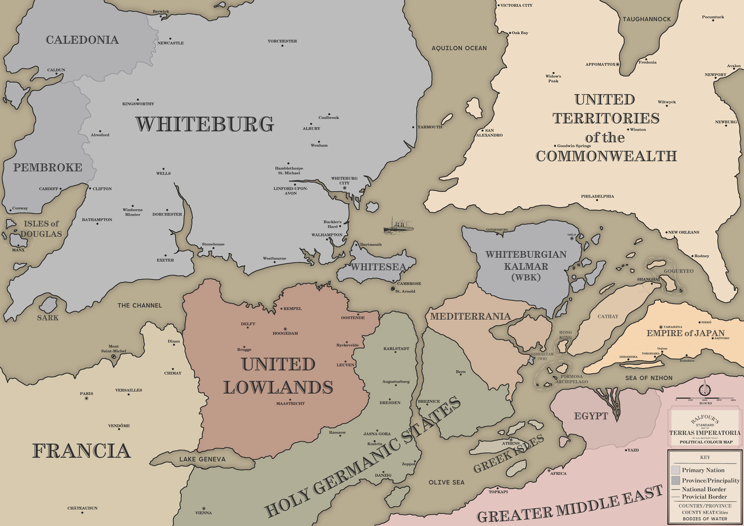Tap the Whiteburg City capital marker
tap(344, 188)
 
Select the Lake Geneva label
tap(202, 459)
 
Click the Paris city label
tap(86, 394)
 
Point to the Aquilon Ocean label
tap(459, 48)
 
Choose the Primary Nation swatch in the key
tap(676, 470)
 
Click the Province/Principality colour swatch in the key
tap(676, 480)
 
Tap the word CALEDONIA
tap(82, 40)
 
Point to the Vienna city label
tap(203, 513)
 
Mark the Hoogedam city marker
tap(285, 329)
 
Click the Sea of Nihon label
tap(649, 378)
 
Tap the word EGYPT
tap(591, 416)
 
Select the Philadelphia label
tap(597, 196)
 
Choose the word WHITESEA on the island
tap(378, 267)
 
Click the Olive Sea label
tap(446, 482)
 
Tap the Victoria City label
tap(516, 5)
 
